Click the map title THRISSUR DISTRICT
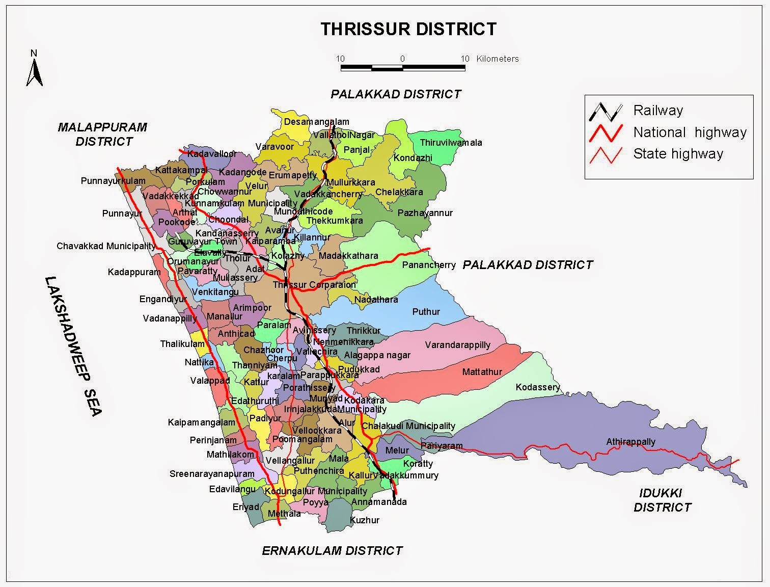408,29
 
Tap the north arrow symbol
34,68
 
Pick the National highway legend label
690,132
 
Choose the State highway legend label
678,154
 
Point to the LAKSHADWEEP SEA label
74,346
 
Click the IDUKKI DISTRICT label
662,500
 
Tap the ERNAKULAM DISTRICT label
332,551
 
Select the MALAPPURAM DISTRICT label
102,134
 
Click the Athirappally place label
630,442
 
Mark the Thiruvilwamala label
451,143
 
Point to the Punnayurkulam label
113,181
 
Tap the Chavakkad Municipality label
106,246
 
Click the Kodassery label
537,387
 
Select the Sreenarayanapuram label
212,474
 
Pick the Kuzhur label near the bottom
365,520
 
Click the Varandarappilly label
457,345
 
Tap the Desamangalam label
316,122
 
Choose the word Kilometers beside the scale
498,59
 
